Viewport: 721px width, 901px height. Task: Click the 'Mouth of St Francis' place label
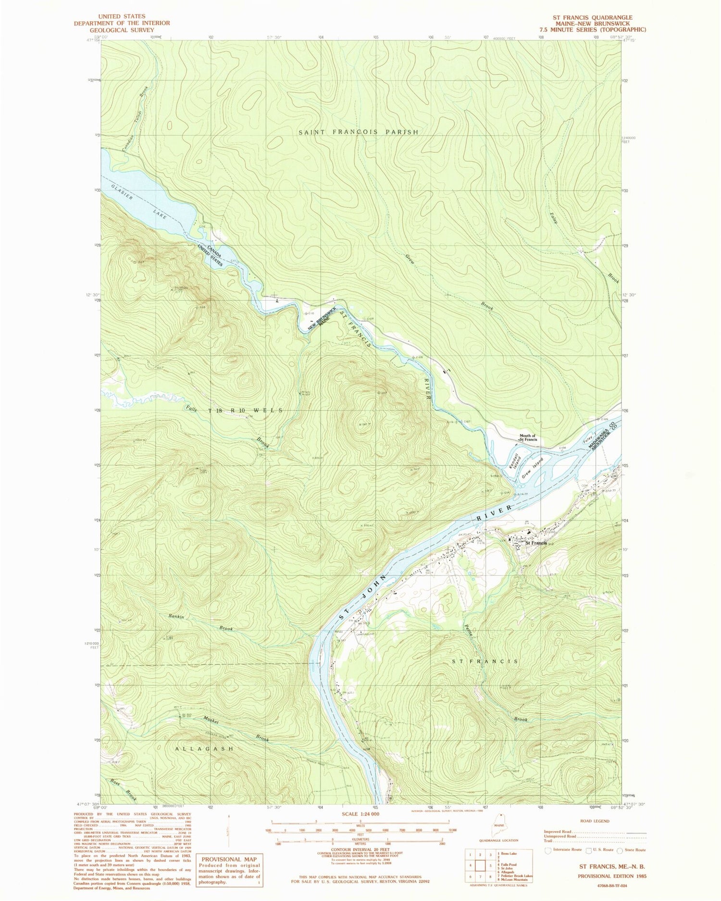(528, 438)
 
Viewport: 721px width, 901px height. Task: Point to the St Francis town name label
(535, 543)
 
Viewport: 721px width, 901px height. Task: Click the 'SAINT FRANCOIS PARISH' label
(358, 132)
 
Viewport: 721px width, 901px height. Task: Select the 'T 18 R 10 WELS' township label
(245, 411)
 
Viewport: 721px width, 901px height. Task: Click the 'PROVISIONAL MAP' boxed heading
(229, 859)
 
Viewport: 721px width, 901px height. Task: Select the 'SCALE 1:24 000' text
(360, 814)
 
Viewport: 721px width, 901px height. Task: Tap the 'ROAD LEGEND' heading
(594, 821)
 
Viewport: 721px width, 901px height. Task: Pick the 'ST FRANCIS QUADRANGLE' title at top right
(592, 17)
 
